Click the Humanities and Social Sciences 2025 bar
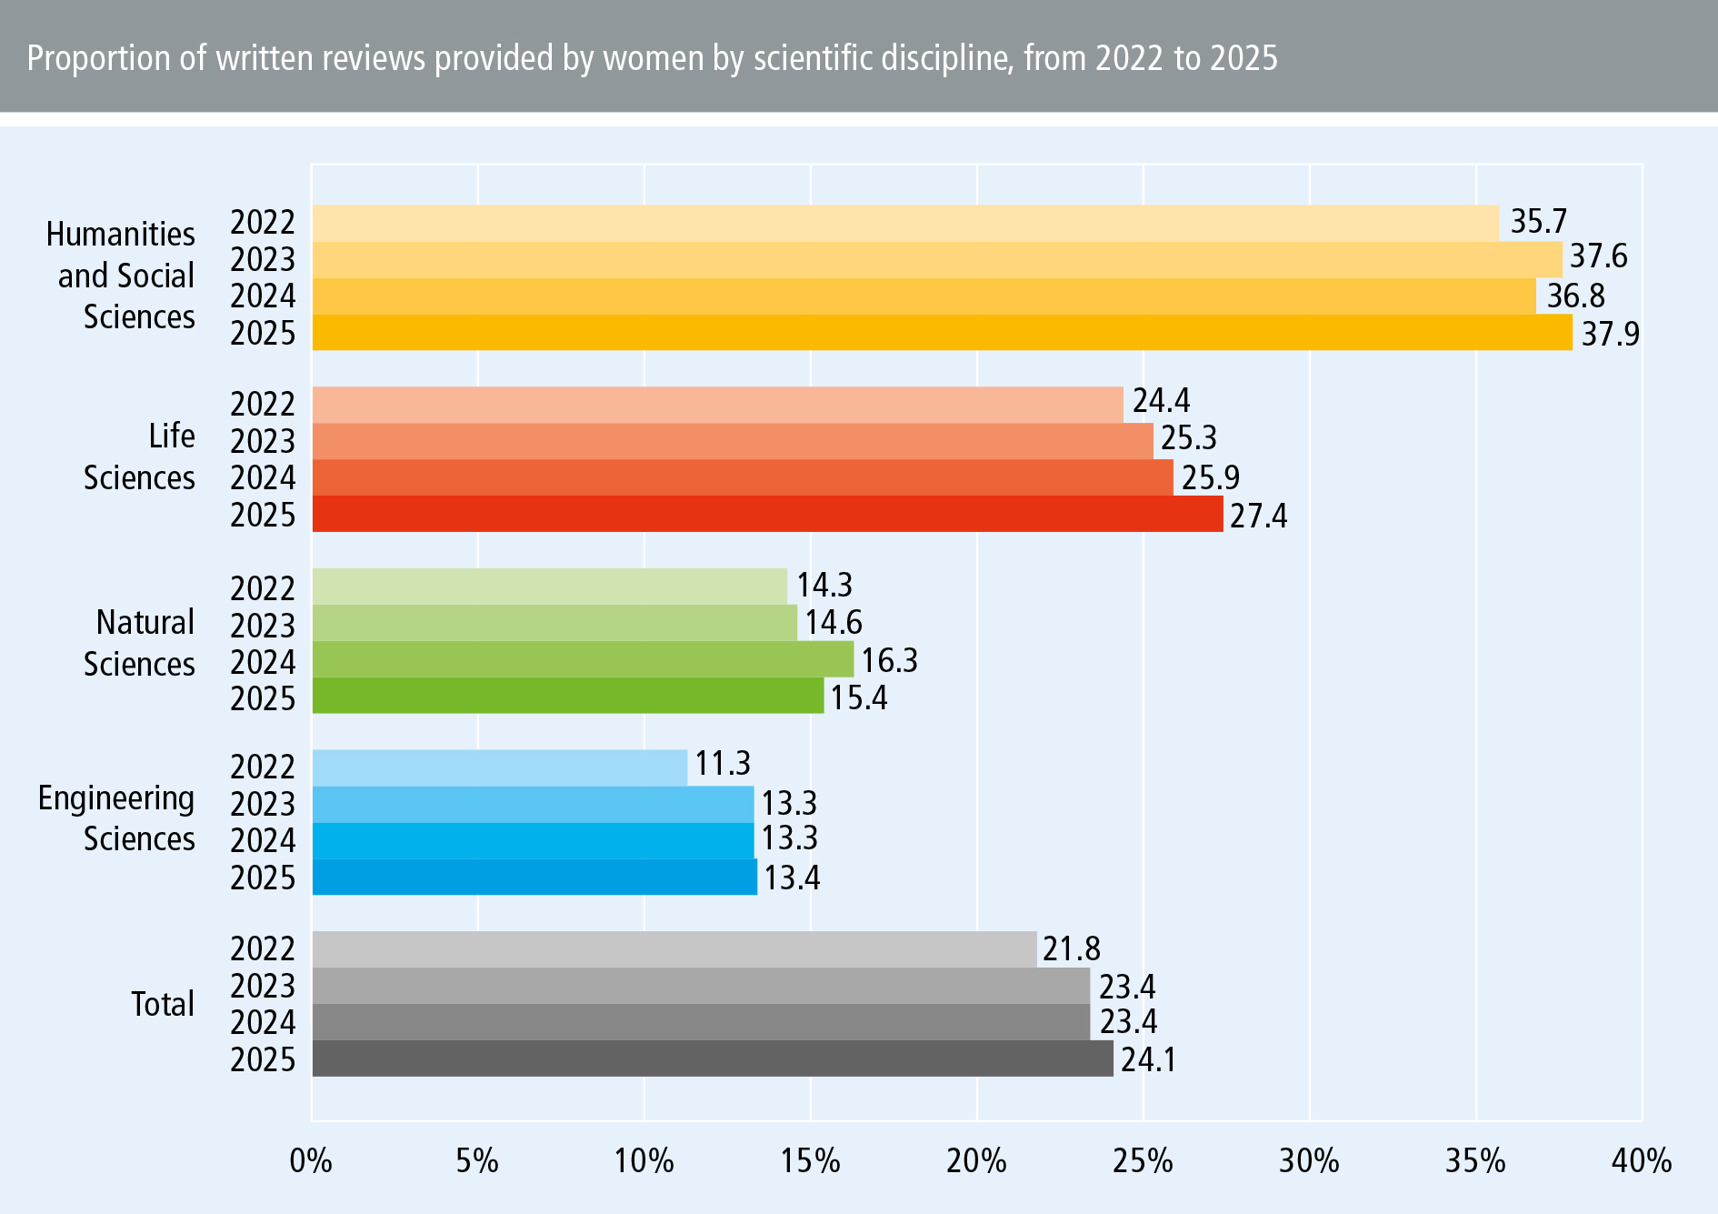pos(942,333)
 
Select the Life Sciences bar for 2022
pos(717,405)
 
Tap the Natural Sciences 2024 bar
pos(583,659)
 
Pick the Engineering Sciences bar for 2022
pos(499,768)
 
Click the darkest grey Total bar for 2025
pos(713,1058)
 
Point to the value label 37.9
pos(1610,334)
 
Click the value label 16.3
pos(889,660)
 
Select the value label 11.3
pos(723,764)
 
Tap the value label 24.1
pos(1148,1060)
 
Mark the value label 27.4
pos(1258,517)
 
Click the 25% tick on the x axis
pos(1143,1161)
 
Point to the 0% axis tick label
pos(311,1161)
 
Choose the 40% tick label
pos(1641,1161)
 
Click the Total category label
pos(163,1004)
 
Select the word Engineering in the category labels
pos(116,798)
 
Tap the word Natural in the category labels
pos(145,623)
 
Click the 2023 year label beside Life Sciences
pos(263,441)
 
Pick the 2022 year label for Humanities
pos(263,223)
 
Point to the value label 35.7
pos(1538,221)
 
